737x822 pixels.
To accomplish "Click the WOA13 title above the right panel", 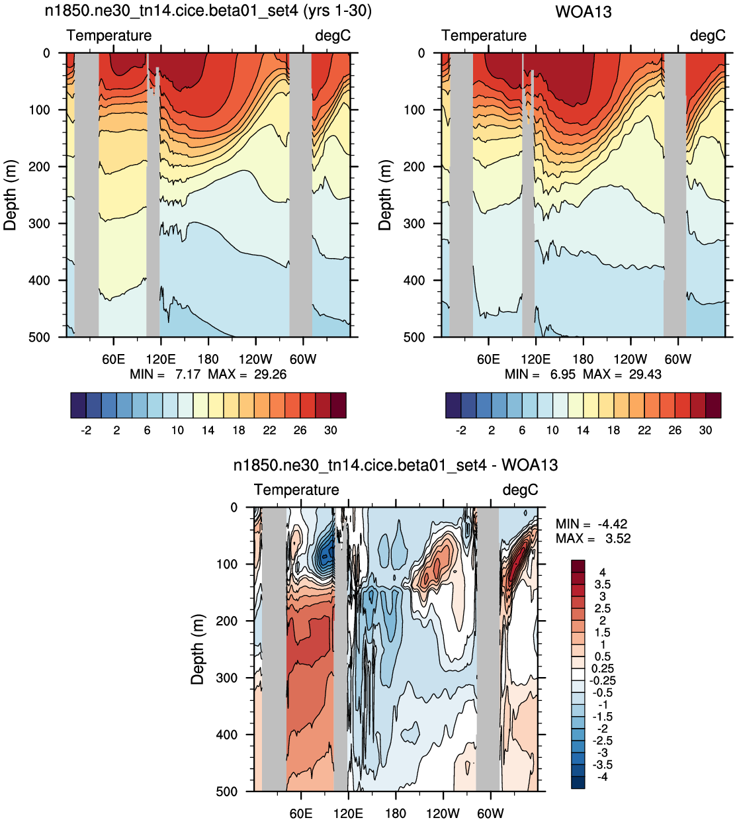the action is pos(583,12).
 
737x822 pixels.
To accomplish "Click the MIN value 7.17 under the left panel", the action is pos(188,374).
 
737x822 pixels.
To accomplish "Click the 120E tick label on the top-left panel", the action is pos(161,359).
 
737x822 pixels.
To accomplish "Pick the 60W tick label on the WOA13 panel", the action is pos(677,359).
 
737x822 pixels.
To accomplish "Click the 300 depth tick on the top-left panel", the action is pos(39,224).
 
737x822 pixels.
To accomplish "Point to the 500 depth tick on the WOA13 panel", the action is pos(414,337).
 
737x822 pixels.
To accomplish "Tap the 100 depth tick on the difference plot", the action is pos(227,564).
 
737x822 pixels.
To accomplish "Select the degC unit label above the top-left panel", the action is pos(333,36).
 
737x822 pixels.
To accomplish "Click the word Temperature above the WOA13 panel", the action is pos(484,36).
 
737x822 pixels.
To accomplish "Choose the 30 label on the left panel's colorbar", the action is pos(331,430).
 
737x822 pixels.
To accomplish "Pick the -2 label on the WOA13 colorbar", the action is pos(460,430).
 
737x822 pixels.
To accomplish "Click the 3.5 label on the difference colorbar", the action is pos(602,584).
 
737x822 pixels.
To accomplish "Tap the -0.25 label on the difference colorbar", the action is pos(602,680).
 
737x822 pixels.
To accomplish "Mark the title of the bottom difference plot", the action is pos(396,465).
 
